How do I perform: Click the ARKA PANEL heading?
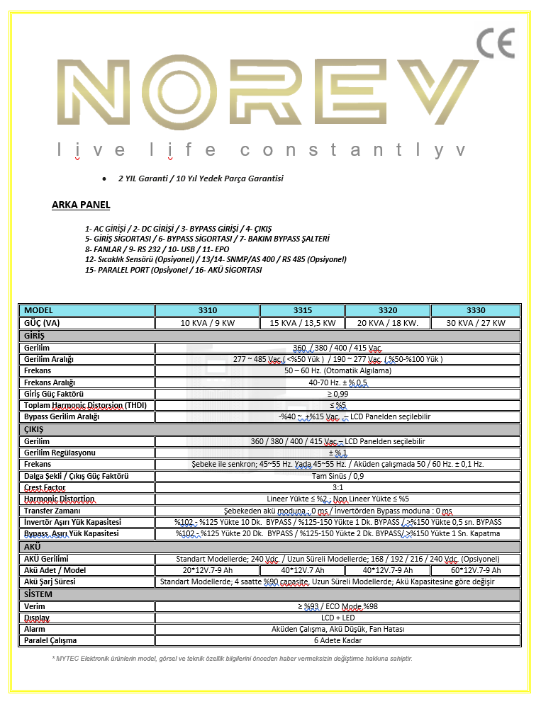(81, 205)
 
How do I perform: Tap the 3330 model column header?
(476, 310)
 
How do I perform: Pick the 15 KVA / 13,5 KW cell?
(302, 323)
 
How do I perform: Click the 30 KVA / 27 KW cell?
(476, 323)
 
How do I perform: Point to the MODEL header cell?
(86, 310)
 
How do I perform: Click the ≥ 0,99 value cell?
(338, 393)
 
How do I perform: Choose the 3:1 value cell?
(338, 487)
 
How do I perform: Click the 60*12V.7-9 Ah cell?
(476, 570)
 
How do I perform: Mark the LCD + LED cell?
(338, 618)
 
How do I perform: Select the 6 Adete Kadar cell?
(338, 640)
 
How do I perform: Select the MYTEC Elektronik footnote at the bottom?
(232, 659)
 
